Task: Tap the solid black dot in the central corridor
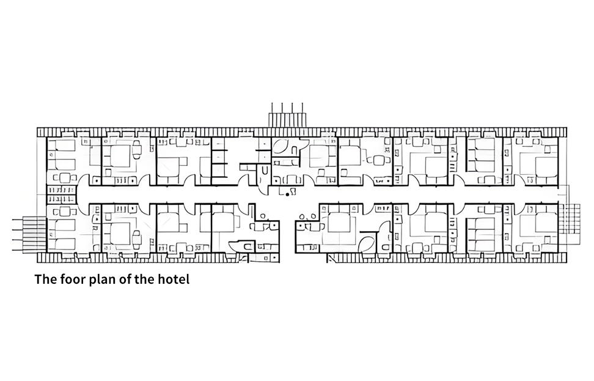pos(288,194)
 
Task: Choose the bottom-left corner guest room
pos(68,229)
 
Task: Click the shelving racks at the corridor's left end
pos(59,194)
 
